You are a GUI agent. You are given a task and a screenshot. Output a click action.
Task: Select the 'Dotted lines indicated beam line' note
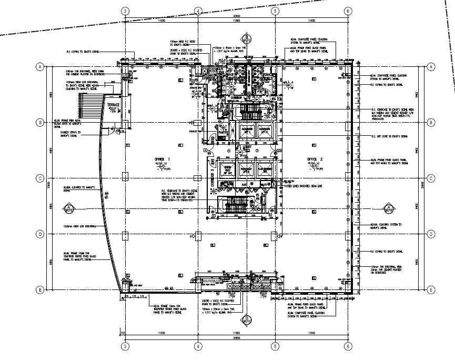pyautogui.click(x=300, y=186)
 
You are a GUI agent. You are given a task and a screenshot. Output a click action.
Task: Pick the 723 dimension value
pyautogui.click(x=122, y=333)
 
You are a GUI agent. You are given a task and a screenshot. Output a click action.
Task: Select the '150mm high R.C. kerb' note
pyautogui.click(x=181, y=42)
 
